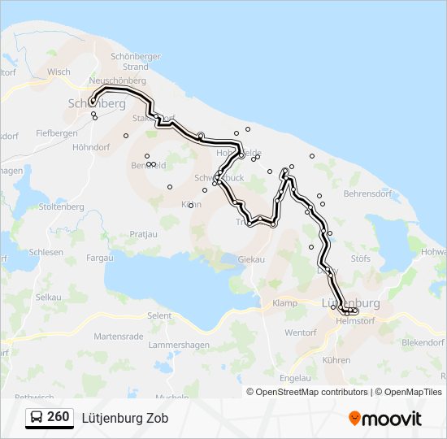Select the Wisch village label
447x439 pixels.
(x=59, y=72)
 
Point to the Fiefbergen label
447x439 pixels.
(x=56, y=133)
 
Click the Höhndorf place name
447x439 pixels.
(x=91, y=148)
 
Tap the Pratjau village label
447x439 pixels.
(x=143, y=234)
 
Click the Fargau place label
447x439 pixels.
(x=99, y=258)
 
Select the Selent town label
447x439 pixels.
(x=159, y=315)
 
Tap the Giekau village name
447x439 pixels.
(x=251, y=259)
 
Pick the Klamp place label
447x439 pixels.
(x=285, y=302)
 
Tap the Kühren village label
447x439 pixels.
(x=336, y=359)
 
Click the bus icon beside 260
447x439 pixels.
(x=37, y=418)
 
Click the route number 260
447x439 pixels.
(x=59, y=417)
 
